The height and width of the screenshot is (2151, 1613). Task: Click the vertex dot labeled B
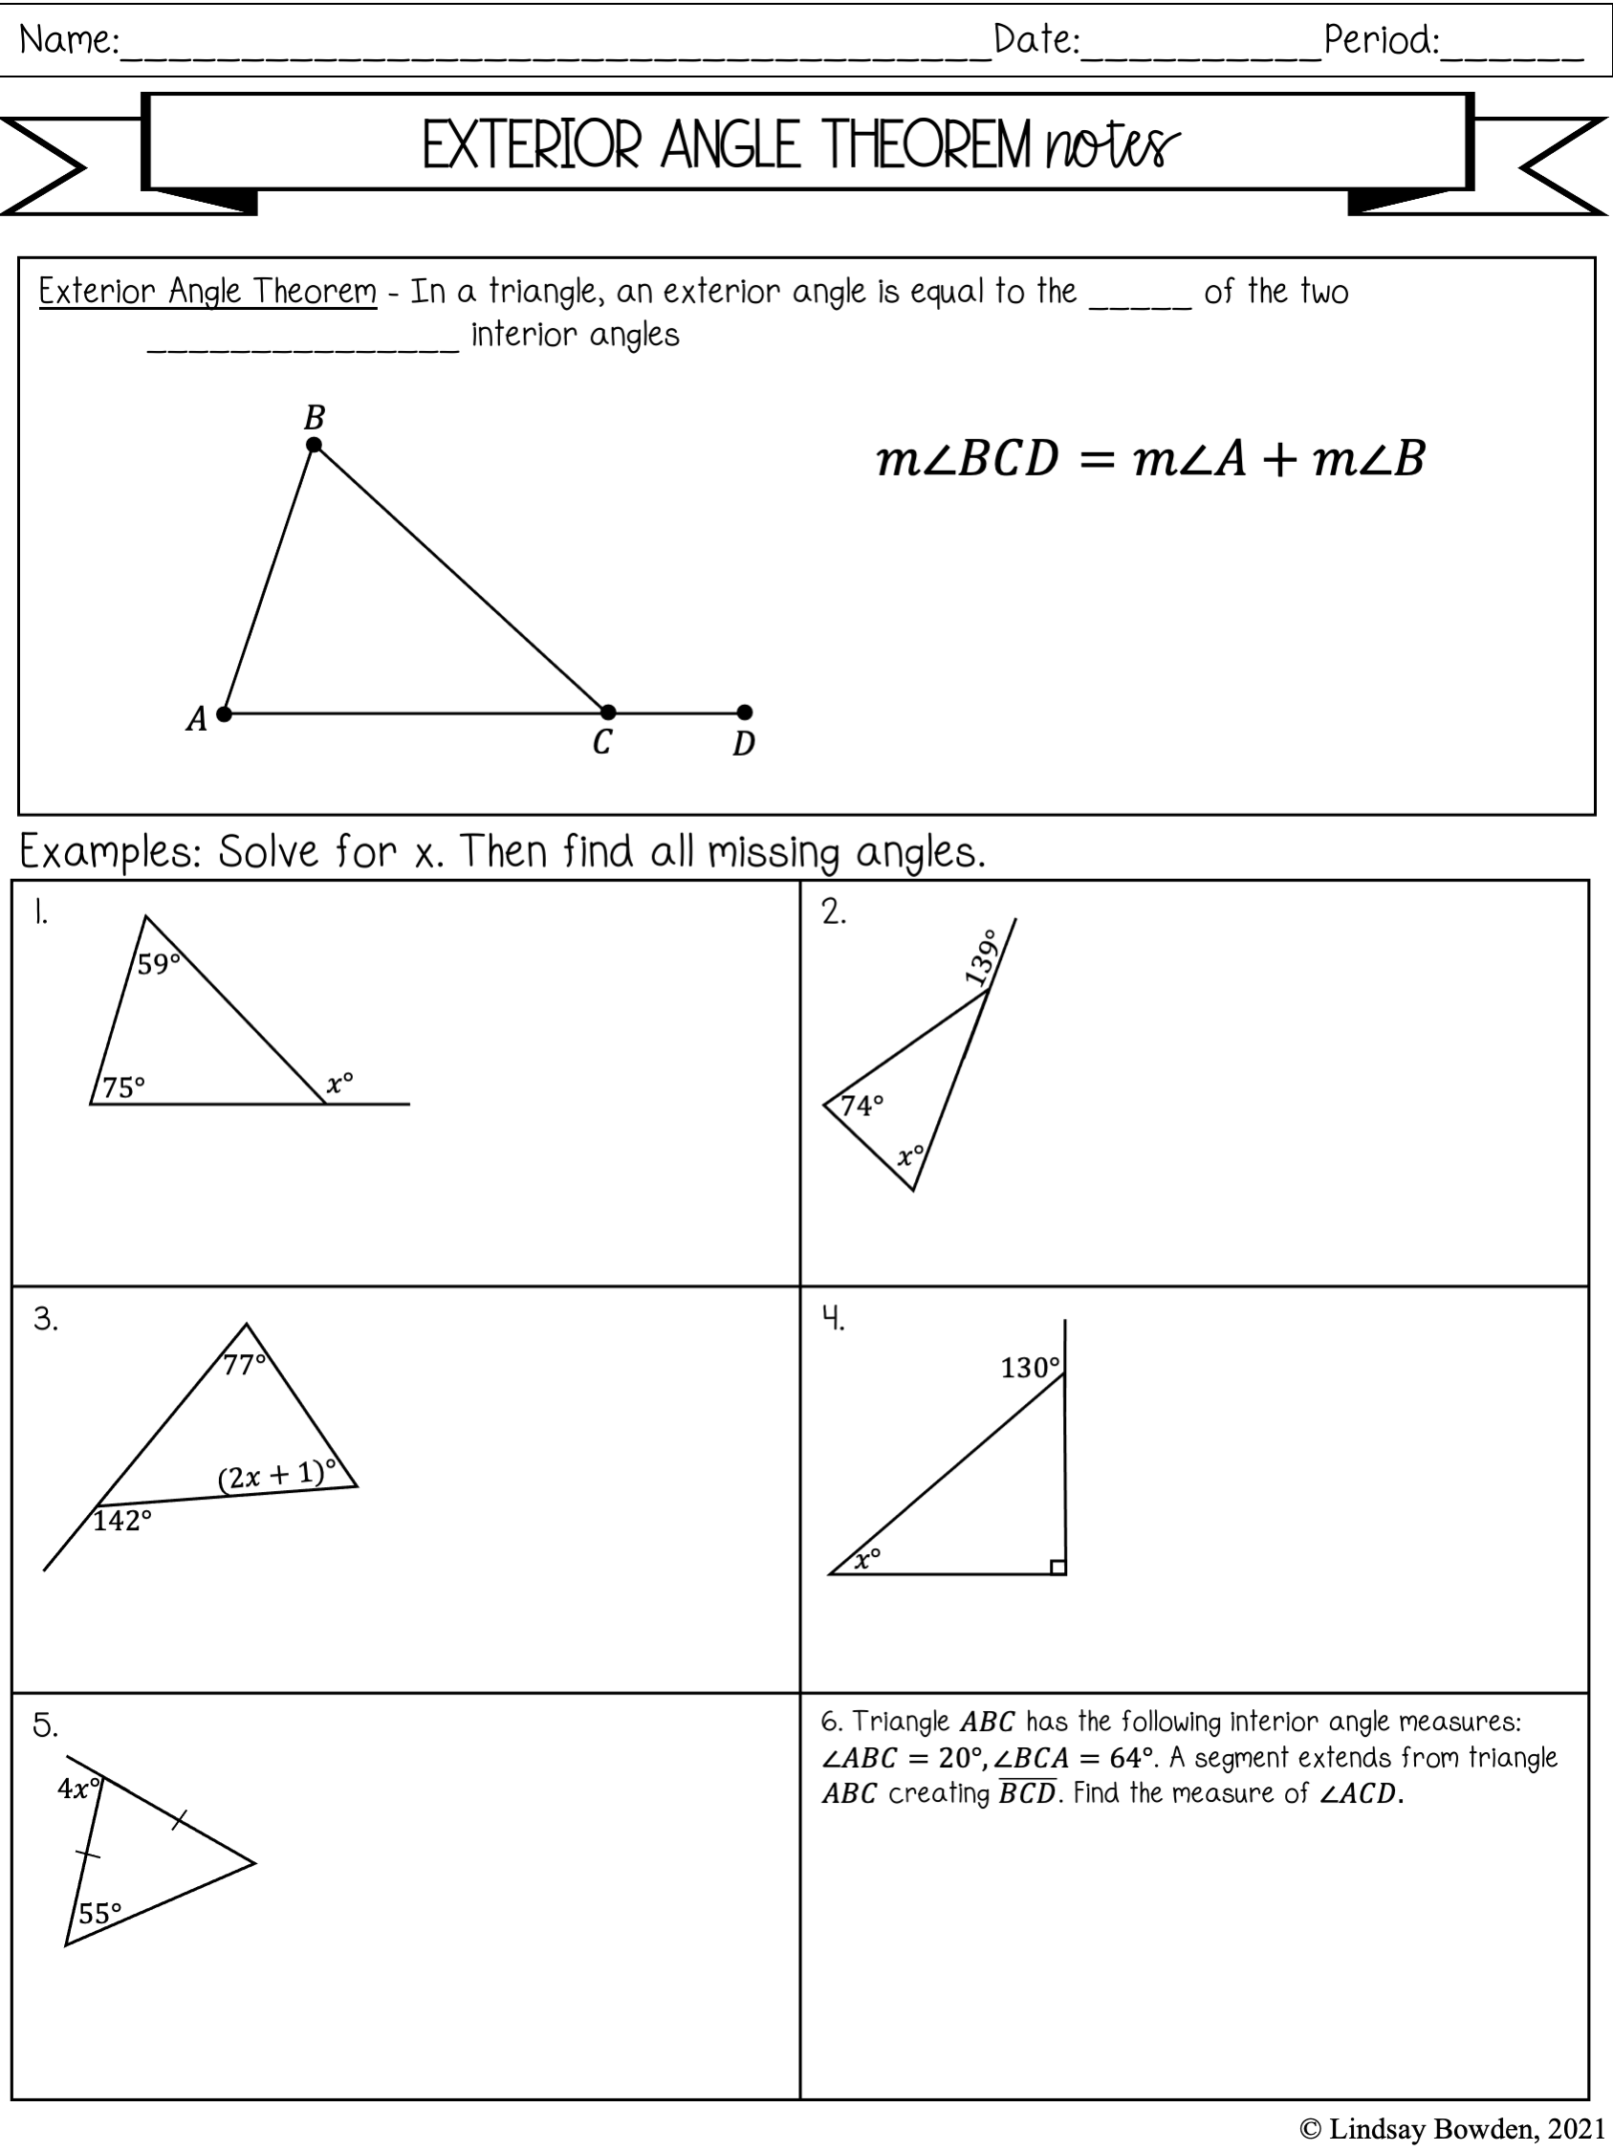pyautogui.click(x=314, y=446)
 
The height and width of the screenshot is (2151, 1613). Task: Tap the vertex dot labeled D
pyautogui.click(x=745, y=713)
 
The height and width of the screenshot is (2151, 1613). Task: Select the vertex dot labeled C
pyautogui.click(x=608, y=713)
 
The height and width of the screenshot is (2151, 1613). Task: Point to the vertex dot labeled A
pyautogui.click(x=225, y=713)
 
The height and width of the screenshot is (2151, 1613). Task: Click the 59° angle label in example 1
pyautogui.click(x=159, y=964)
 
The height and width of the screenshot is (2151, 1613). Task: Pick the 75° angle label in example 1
pyautogui.click(x=123, y=1087)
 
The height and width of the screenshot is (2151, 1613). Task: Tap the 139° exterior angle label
pyautogui.click(x=982, y=956)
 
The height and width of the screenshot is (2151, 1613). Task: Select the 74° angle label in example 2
pyautogui.click(x=861, y=1106)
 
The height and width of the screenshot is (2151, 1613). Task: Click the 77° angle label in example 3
pyautogui.click(x=244, y=1365)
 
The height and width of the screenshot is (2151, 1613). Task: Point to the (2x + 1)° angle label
pyautogui.click(x=276, y=1476)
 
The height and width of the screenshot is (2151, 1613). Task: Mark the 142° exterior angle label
pyautogui.click(x=122, y=1521)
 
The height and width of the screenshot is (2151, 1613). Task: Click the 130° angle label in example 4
pyautogui.click(x=1030, y=1369)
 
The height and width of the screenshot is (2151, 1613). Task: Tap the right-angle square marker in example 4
pyautogui.click(x=1057, y=1567)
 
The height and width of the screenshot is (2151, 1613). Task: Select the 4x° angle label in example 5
pyautogui.click(x=77, y=1789)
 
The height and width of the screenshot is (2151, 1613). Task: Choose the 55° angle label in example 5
pyautogui.click(x=99, y=1914)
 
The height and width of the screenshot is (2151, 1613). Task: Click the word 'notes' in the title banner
pyautogui.click(x=1112, y=147)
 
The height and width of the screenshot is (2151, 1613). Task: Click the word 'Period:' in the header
pyautogui.click(x=1382, y=41)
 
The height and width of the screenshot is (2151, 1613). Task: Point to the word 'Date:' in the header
pyautogui.click(x=1036, y=41)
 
